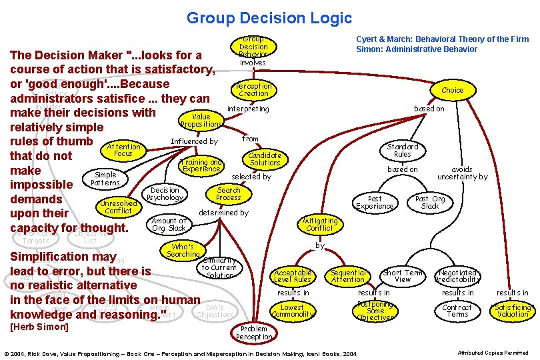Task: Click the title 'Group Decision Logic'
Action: click(269, 18)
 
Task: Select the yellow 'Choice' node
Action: click(452, 90)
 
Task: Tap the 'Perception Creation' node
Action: click(253, 89)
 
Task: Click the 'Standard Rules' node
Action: click(403, 150)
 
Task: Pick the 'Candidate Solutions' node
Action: click(265, 159)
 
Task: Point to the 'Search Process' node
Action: click(229, 193)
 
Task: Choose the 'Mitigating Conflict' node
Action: click(320, 224)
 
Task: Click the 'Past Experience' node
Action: click(375, 202)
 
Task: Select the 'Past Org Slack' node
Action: click(430, 202)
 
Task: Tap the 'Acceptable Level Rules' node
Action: click(293, 276)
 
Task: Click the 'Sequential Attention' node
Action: click(348, 276)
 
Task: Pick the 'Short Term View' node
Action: click(403, 276)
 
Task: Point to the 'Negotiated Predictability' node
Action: click(457, 276)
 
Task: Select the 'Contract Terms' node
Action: click(457, 311)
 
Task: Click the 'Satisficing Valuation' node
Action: click(513, 311)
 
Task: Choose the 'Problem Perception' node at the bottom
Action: click(253, 332)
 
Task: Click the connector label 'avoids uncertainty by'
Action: click(462, 173)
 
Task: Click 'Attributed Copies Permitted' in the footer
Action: click(493, 353)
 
